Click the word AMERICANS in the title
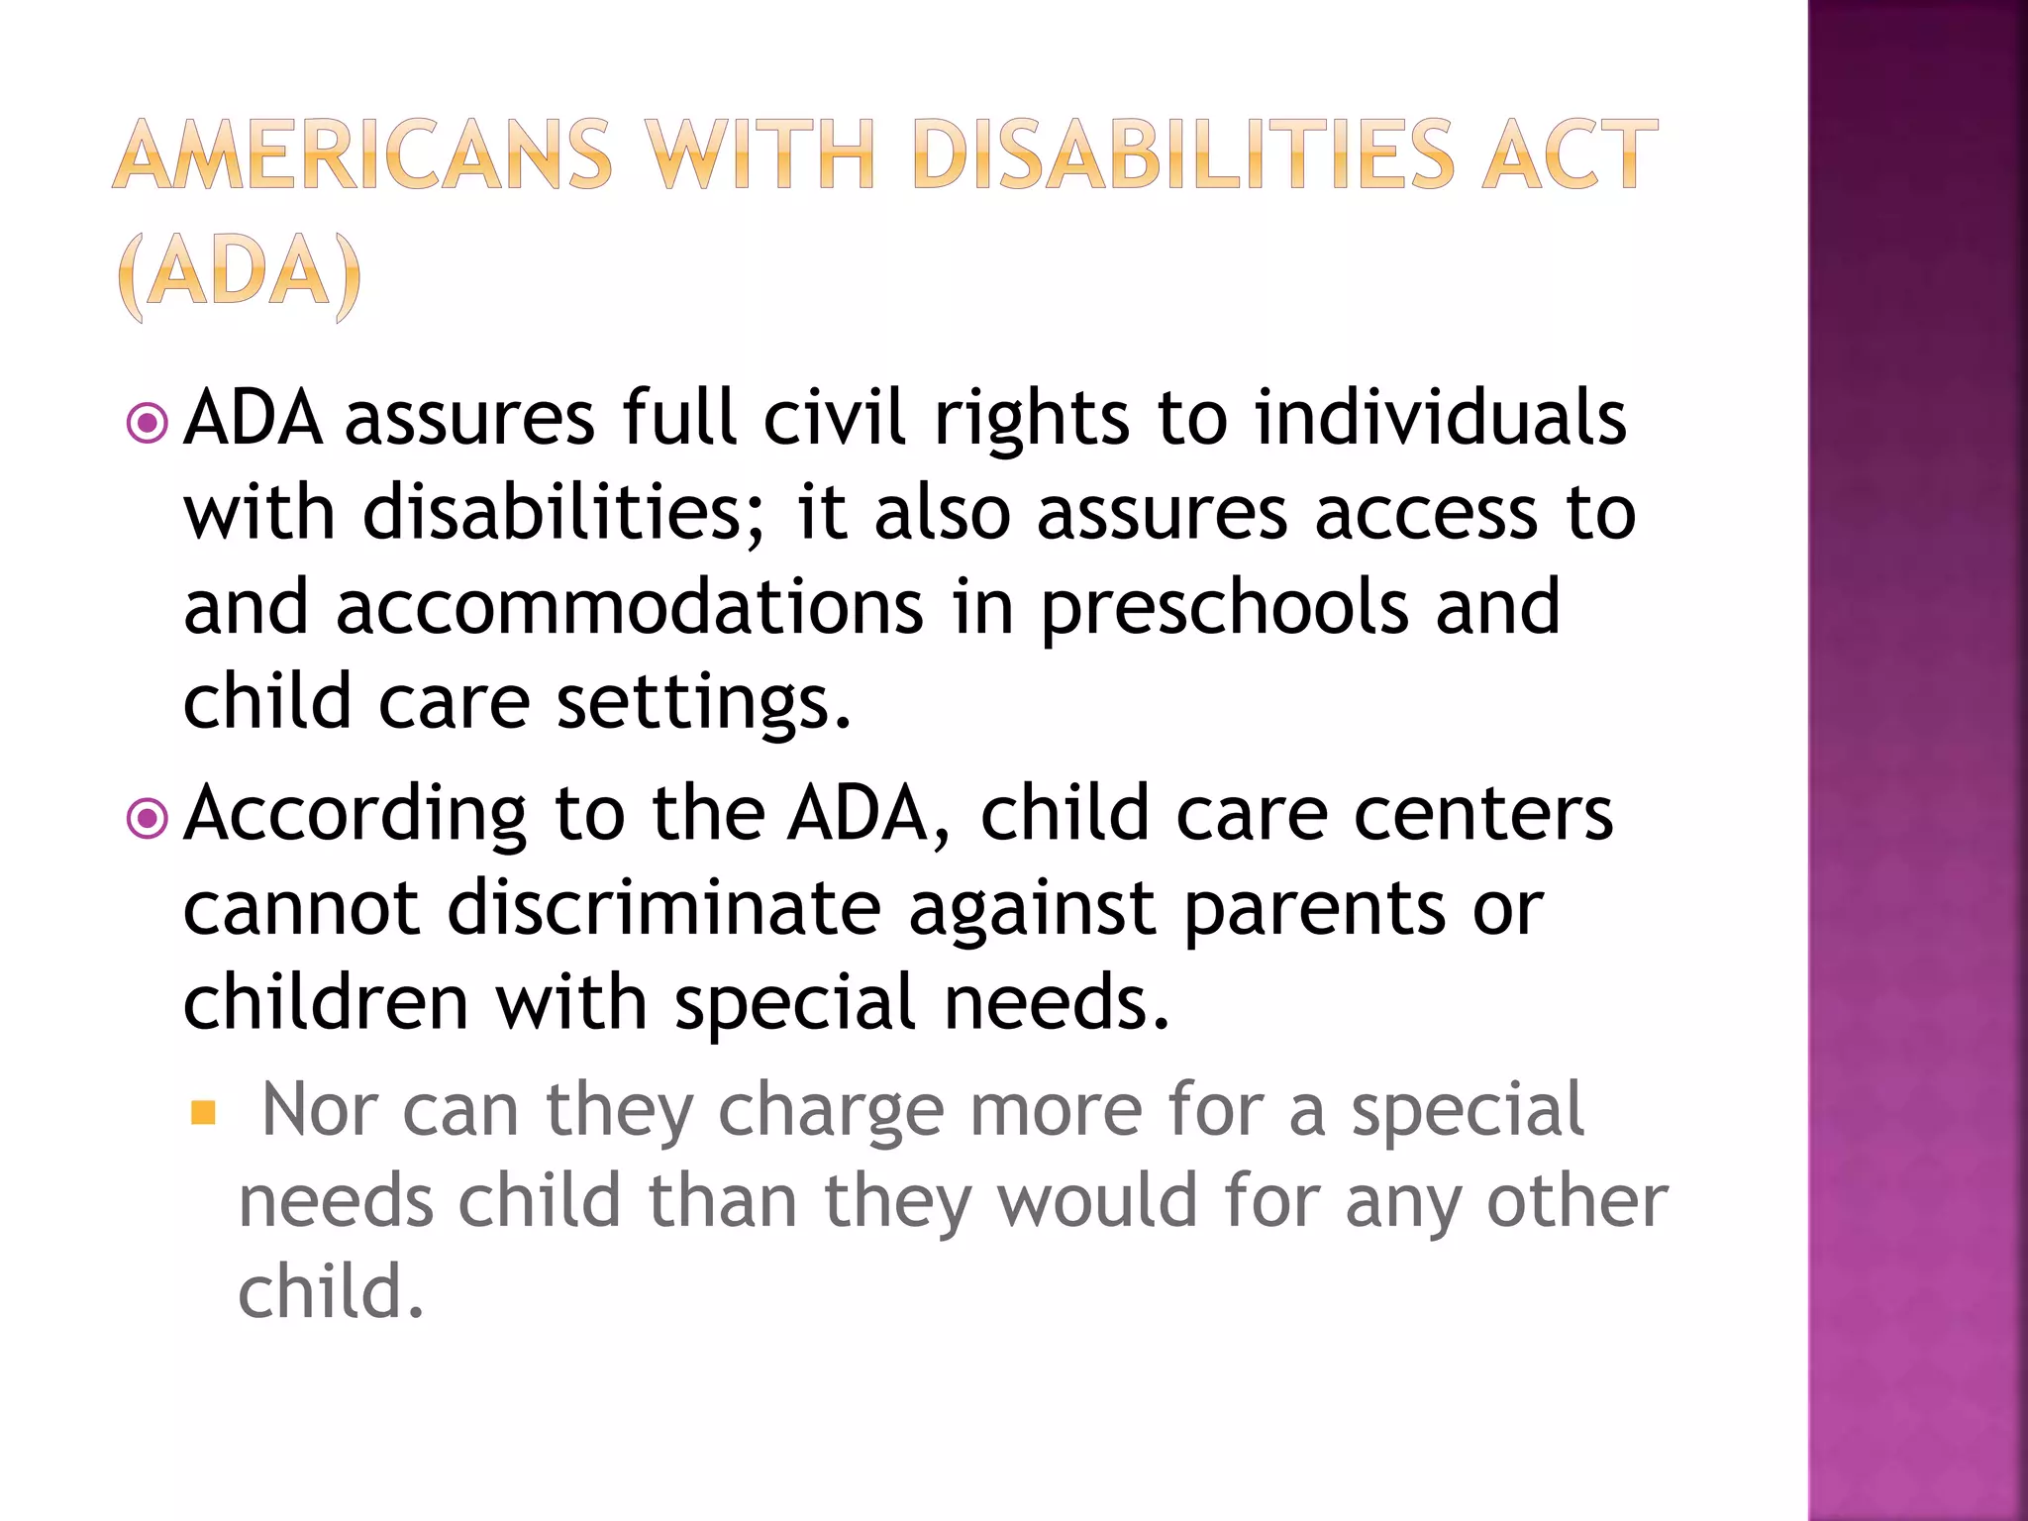tap(362, 154)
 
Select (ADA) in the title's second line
tap(240, 274)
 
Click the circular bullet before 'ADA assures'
tap(148, 424)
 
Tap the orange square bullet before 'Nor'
tap(203, 1113)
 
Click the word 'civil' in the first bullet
tap(834, 417)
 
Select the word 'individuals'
tap(1440, 417)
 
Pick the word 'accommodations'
tap(629, 607)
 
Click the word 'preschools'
tap(1224, 609)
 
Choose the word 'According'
tap(355, 815)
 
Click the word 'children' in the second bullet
tap(326, 1002)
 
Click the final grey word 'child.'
tap(331, 1292)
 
